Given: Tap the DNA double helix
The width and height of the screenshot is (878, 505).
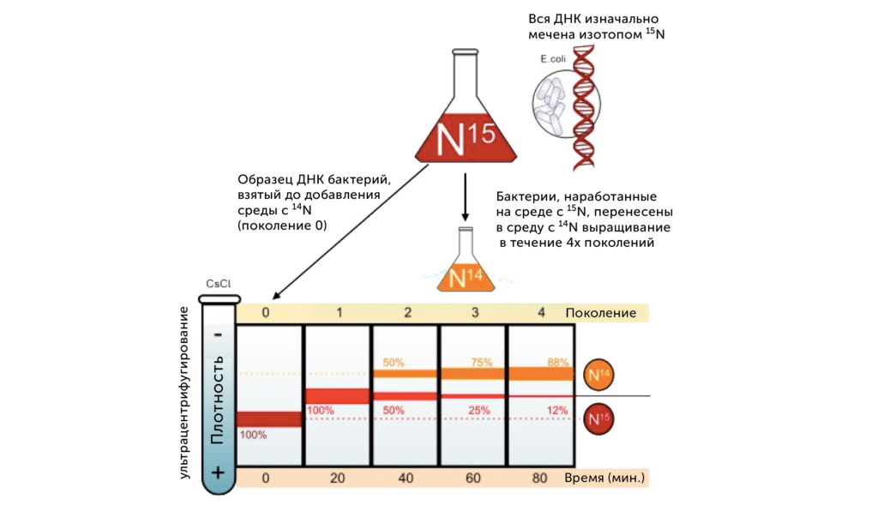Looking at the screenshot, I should (x=584, y=107).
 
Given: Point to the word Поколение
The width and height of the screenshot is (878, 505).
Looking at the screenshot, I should (x=600, y=313).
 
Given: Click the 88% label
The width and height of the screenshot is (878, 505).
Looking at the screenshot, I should (x=557, y=363).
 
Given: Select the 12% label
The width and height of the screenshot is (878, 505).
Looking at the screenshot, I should (x=557, y=410).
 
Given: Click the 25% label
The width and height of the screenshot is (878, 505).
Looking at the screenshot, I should (x=479, y=410).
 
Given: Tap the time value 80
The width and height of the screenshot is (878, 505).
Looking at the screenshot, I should (x=540, y=477).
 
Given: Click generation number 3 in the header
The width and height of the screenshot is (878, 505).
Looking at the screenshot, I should (x=474, y=313).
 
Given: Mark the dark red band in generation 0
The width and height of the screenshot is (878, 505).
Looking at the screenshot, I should (x=269, y=418).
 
